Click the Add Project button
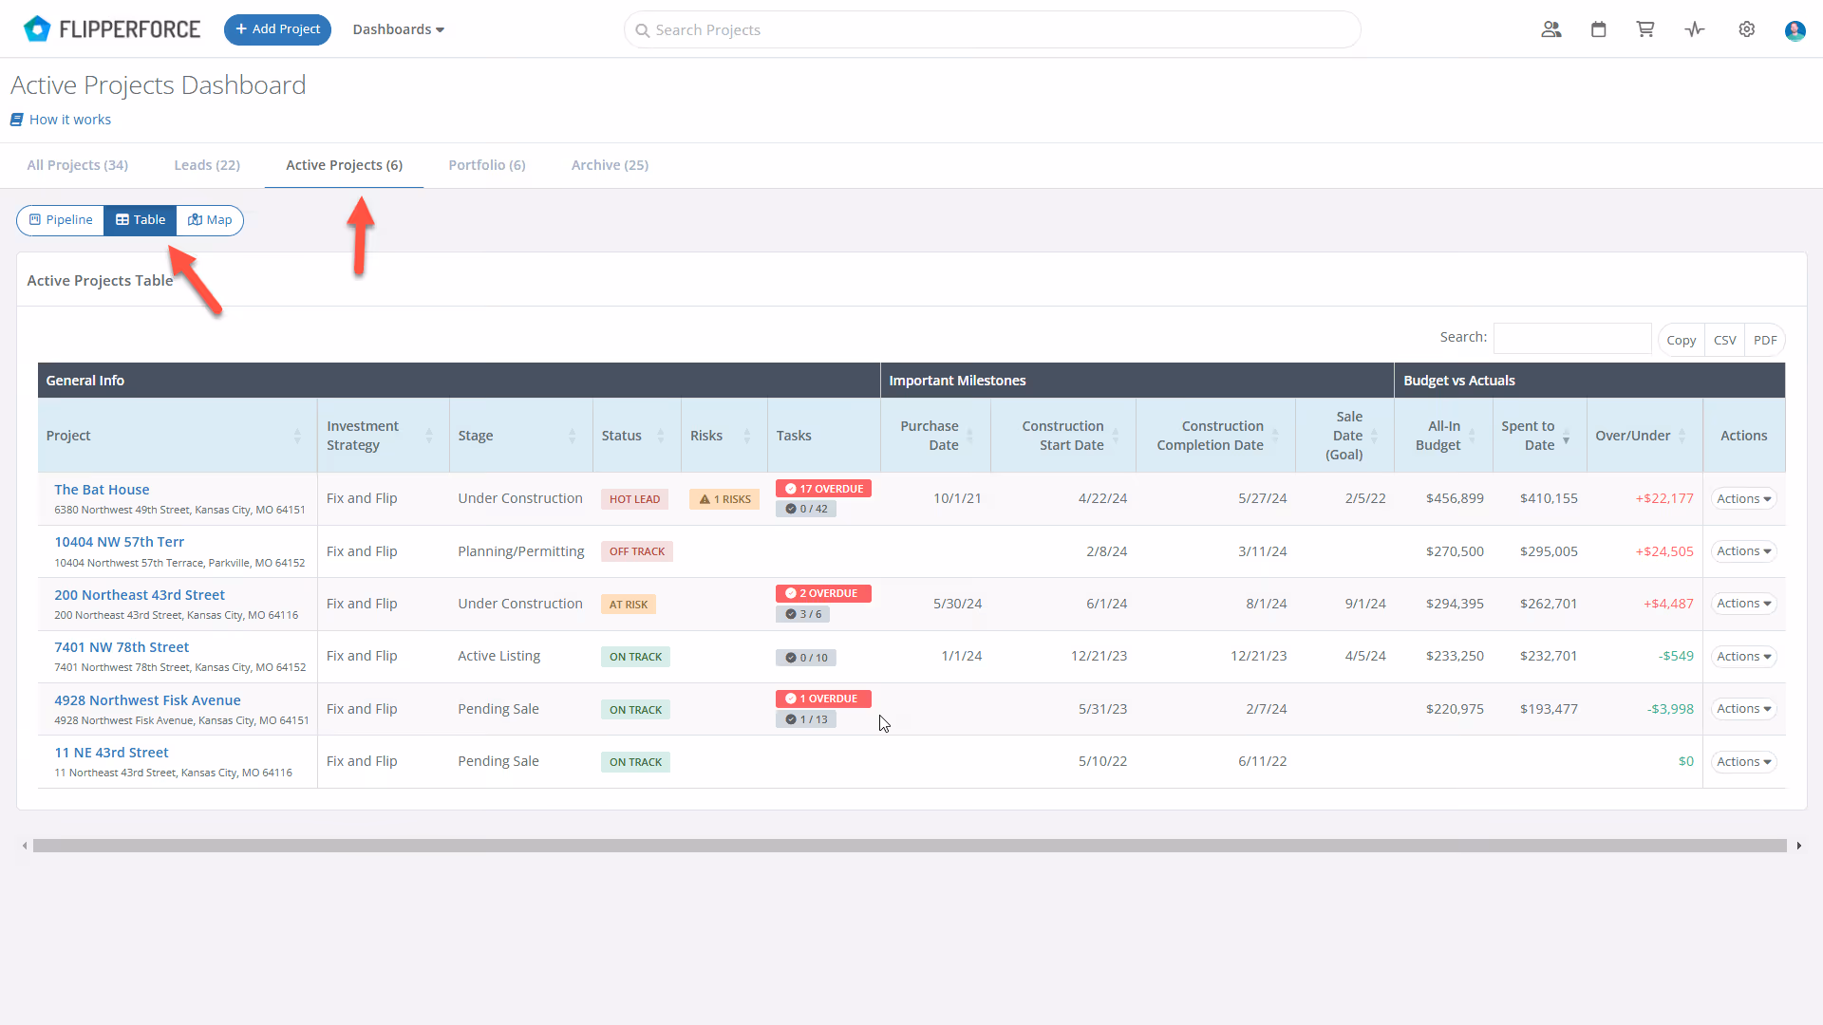(277, 29)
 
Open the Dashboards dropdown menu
(399, 29)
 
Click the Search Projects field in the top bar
(992, 29)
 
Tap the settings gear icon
(1746, 29)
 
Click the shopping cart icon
(1645, 29)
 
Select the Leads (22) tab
(207, 165)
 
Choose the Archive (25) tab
(610, 165)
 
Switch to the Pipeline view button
(61, 220)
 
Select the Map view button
(210, 220)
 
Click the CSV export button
(1724, 340)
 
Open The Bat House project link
(102, 490)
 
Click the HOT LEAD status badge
(634, 499)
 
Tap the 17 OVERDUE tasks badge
(823, 489)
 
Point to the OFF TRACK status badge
(637, 551)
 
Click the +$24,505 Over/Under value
(1664, 551)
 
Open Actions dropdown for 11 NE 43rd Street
(1744, 762)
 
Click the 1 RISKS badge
(724, 499)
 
